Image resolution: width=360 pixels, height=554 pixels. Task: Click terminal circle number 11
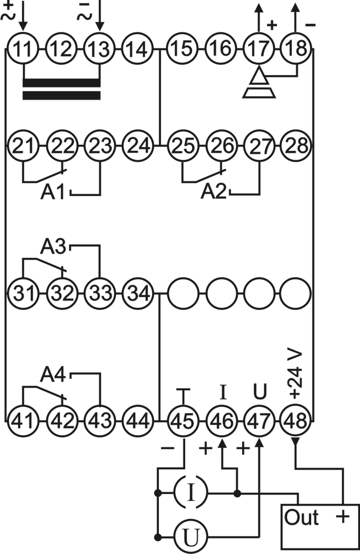23,48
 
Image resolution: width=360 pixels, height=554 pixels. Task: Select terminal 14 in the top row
138,48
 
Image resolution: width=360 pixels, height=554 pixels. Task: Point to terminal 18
296,48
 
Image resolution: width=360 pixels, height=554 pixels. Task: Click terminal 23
100,146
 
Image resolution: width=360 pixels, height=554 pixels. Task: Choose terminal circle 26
222,146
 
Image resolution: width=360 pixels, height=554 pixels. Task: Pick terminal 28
296,146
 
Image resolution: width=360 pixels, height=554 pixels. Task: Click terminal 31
23,293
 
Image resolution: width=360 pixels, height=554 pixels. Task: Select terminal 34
138,293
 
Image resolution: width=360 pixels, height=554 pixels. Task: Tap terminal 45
183,421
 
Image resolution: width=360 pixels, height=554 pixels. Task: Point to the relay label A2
213,192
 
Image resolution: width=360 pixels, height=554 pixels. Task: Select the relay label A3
53,246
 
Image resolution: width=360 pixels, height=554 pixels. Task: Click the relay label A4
53,374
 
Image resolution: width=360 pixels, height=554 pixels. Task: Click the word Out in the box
301,517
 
